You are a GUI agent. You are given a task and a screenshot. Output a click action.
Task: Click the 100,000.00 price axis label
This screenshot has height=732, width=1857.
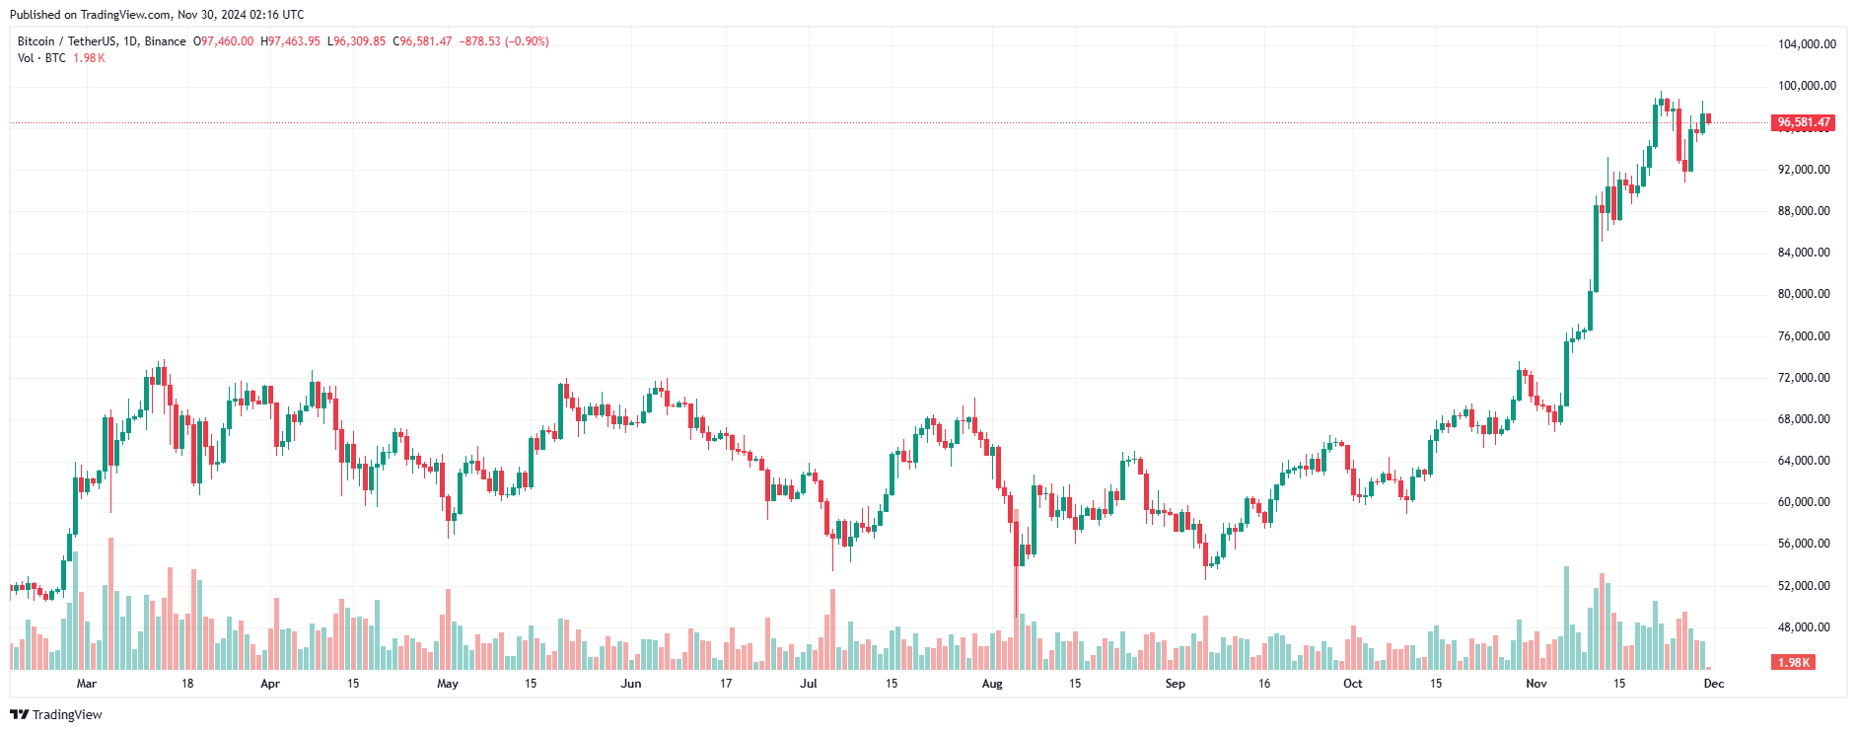tap(1807, 86)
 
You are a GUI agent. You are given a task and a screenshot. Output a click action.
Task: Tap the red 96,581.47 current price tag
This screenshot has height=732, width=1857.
tap(1804, 122)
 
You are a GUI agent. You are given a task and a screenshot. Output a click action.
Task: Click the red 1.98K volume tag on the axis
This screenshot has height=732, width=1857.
tap(1794, 663)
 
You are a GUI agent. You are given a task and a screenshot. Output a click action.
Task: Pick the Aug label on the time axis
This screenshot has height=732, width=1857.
tap(992, 684)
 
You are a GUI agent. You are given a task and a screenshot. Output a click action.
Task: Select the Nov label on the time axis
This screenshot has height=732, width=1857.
tap(1536, 684)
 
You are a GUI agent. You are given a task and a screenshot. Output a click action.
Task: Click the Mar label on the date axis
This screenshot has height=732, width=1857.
tap(87, 684)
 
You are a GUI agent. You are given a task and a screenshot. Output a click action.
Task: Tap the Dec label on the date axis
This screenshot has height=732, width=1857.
tap(1714, 684)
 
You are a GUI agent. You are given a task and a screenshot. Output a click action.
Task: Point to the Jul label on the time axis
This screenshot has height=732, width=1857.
tap(809, 684)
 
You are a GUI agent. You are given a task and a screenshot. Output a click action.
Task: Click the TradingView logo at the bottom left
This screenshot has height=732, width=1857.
tap(56, 714)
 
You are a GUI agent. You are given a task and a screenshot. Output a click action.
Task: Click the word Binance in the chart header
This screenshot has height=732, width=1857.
tap(166, 41)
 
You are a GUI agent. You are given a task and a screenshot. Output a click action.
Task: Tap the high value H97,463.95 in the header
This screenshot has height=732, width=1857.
tap(291, 41)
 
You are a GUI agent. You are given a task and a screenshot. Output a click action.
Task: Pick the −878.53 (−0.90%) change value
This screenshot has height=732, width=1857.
tap(504, 41)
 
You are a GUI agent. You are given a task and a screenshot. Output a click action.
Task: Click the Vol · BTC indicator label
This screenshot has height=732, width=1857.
tap(41, 58)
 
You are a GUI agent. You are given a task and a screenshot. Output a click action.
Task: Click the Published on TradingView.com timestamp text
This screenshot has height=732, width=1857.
tap(157, 15)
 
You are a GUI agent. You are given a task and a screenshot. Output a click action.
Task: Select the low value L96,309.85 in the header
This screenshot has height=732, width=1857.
tap(357, 41)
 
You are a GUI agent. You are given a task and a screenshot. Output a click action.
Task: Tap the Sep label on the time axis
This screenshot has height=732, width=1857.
tap(1176, 684)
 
